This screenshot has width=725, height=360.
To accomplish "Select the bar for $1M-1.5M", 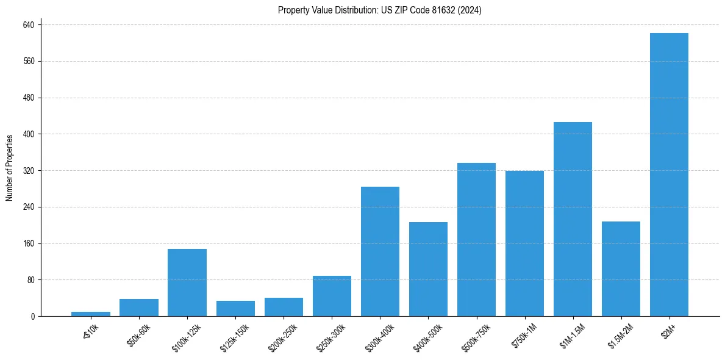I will pyautogui.click(x=573, y=219).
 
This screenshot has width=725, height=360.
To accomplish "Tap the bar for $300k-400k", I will pyautogui.click(x=380, y=251).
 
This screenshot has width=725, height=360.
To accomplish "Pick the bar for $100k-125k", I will pyautogui.click(x=187, y=283).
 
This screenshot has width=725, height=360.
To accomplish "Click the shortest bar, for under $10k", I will pyautogui.click(x=91, y=314).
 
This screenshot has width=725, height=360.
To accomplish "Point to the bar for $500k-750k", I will pyautogui.click(x=476, y=239).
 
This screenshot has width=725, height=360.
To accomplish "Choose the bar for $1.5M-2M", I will pyautogui.click(x=621, y=268).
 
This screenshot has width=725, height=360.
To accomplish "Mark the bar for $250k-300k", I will pyautogui.click(x=332, y=296).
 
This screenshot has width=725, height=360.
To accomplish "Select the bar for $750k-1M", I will pyautogui.click(x=524, y=243).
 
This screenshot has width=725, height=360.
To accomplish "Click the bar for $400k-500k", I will pyautogui.click(x=428, y=269).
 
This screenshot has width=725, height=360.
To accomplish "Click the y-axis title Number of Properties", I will pyautogui.click(x=10, y=167).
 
